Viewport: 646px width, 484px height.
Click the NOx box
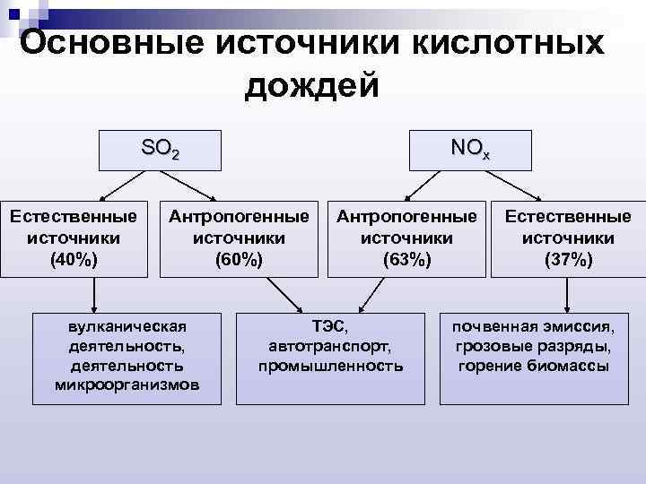pos(471,150)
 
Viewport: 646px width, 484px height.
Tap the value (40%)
pos(74,260)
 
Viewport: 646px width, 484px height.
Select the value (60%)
pos(239,260)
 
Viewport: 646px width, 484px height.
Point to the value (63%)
pos(406,260)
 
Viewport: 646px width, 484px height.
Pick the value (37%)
pos(568,260)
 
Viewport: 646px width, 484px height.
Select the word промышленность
pos(331,366)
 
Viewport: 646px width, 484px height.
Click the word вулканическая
pos(127,324)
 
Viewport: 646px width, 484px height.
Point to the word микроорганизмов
pos(127,385)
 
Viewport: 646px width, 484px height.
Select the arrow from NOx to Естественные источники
pos(511,183)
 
